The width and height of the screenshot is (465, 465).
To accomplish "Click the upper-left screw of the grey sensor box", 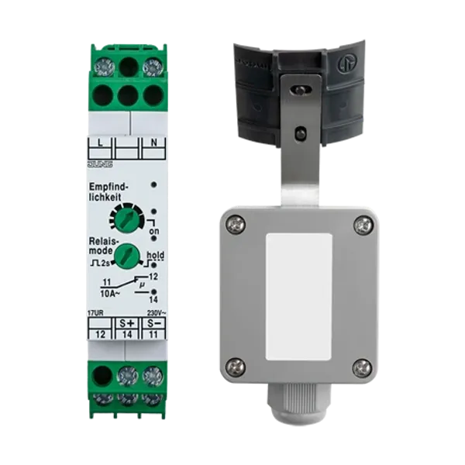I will pos(236,225).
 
